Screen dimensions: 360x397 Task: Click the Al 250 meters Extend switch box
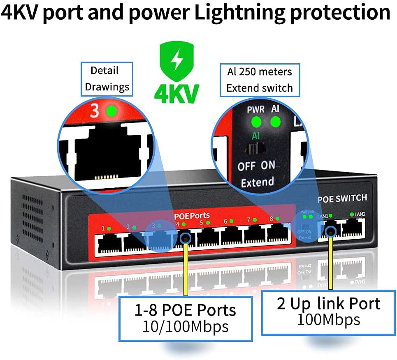(x=260, y=80)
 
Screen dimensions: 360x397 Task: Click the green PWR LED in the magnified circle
(x=256, y=122)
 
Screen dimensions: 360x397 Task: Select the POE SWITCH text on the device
(x=342, y=198)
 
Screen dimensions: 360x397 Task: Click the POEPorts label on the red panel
(x=192, y=215)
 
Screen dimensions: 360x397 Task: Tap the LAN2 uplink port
(x=353, y=228)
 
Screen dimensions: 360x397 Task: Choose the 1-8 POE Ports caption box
(x=185, y=318)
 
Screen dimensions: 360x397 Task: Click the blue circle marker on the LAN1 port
(x=330, y=233)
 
